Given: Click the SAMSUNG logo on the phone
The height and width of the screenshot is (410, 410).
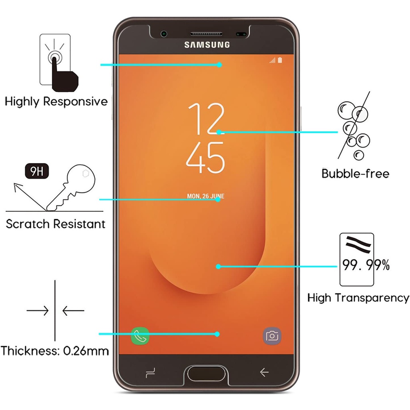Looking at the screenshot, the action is click(x=207, y=45).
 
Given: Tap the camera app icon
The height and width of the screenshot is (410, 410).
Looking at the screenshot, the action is click(x=272, y=336).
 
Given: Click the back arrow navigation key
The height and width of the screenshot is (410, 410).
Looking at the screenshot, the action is click(x=264, y=373).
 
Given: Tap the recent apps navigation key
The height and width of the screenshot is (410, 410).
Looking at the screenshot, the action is click(x=150, y=373).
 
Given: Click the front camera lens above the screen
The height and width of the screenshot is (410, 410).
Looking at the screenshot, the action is click(x=164, y=34).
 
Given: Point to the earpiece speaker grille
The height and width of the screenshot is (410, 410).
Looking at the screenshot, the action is click(x=207, y=34).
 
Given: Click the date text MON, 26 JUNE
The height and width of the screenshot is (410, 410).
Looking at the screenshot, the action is click(x=206, y=196).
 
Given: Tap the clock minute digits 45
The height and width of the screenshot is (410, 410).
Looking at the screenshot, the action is click(x=205, y=157).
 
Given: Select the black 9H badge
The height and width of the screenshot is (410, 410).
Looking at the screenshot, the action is click(x=37, y=171).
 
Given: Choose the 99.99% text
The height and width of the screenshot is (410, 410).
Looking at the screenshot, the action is click(x=366, y=265).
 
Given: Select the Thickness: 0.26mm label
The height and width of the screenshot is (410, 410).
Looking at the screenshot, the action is click(x=54, y=351).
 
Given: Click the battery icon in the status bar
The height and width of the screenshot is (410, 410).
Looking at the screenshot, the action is click(x=280, y=60).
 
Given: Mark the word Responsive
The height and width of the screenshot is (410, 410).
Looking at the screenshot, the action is click(x=75, y=101).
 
